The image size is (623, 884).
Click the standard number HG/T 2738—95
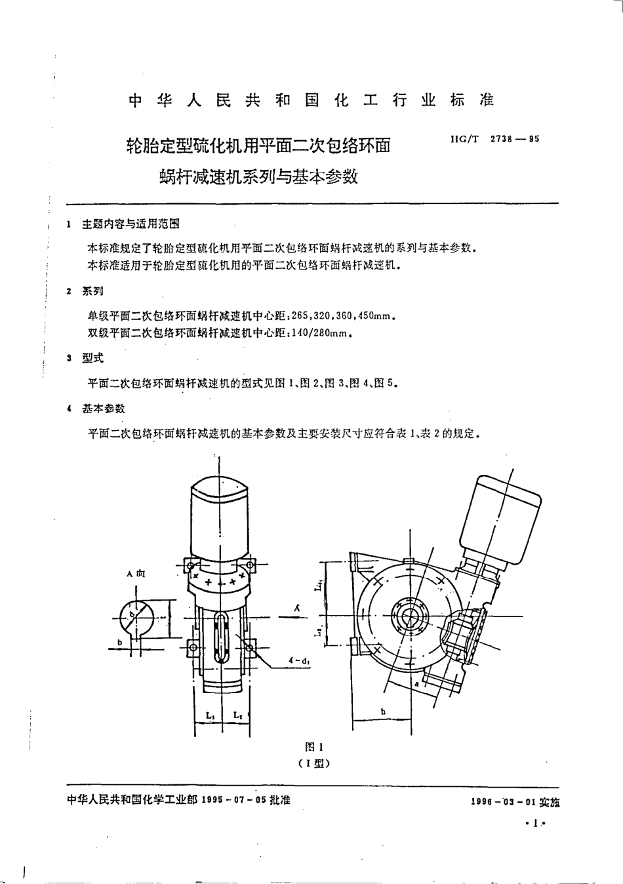click(495, 139)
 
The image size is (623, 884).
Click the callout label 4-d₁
click(298, 661)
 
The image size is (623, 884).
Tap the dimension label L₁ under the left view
click(210, 716)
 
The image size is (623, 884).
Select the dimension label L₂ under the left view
click(237, 716)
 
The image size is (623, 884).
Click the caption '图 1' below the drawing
click(314, 747)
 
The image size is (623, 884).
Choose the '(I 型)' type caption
click(313, 763)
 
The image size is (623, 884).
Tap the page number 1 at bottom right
click(536, 824)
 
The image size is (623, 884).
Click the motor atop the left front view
click(218, 518)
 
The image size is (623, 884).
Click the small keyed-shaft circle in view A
click(136, 617)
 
